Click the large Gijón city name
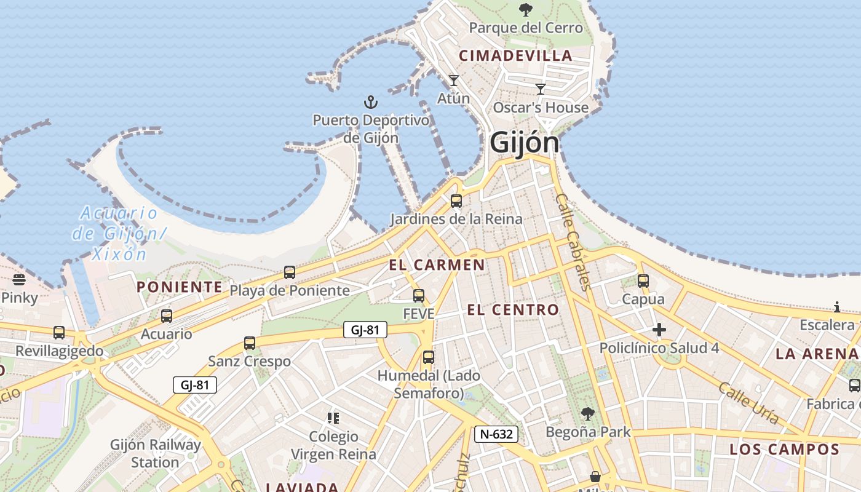pos(525,143)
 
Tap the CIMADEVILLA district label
pos(516,55)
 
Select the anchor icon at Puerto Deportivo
pos(370,101)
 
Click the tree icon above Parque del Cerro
pos(525,9)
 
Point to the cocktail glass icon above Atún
pos(454,80)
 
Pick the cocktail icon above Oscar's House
pos(541,89)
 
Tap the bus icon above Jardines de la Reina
pos(456,201)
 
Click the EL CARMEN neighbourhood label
pos(437,265)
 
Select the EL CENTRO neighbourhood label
pos(513,309)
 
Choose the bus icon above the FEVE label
pos(419,296)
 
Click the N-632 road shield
pos(496,434)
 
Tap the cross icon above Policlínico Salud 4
pos(659,330)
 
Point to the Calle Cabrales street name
pos(573,241)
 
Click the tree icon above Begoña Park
pos(588,413)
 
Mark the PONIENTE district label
pos(180,287)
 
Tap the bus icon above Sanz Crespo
pos(250,343)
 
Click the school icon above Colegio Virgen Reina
pos(333,418)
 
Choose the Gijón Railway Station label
pos(156,453)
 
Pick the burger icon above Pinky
pos(20,280)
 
